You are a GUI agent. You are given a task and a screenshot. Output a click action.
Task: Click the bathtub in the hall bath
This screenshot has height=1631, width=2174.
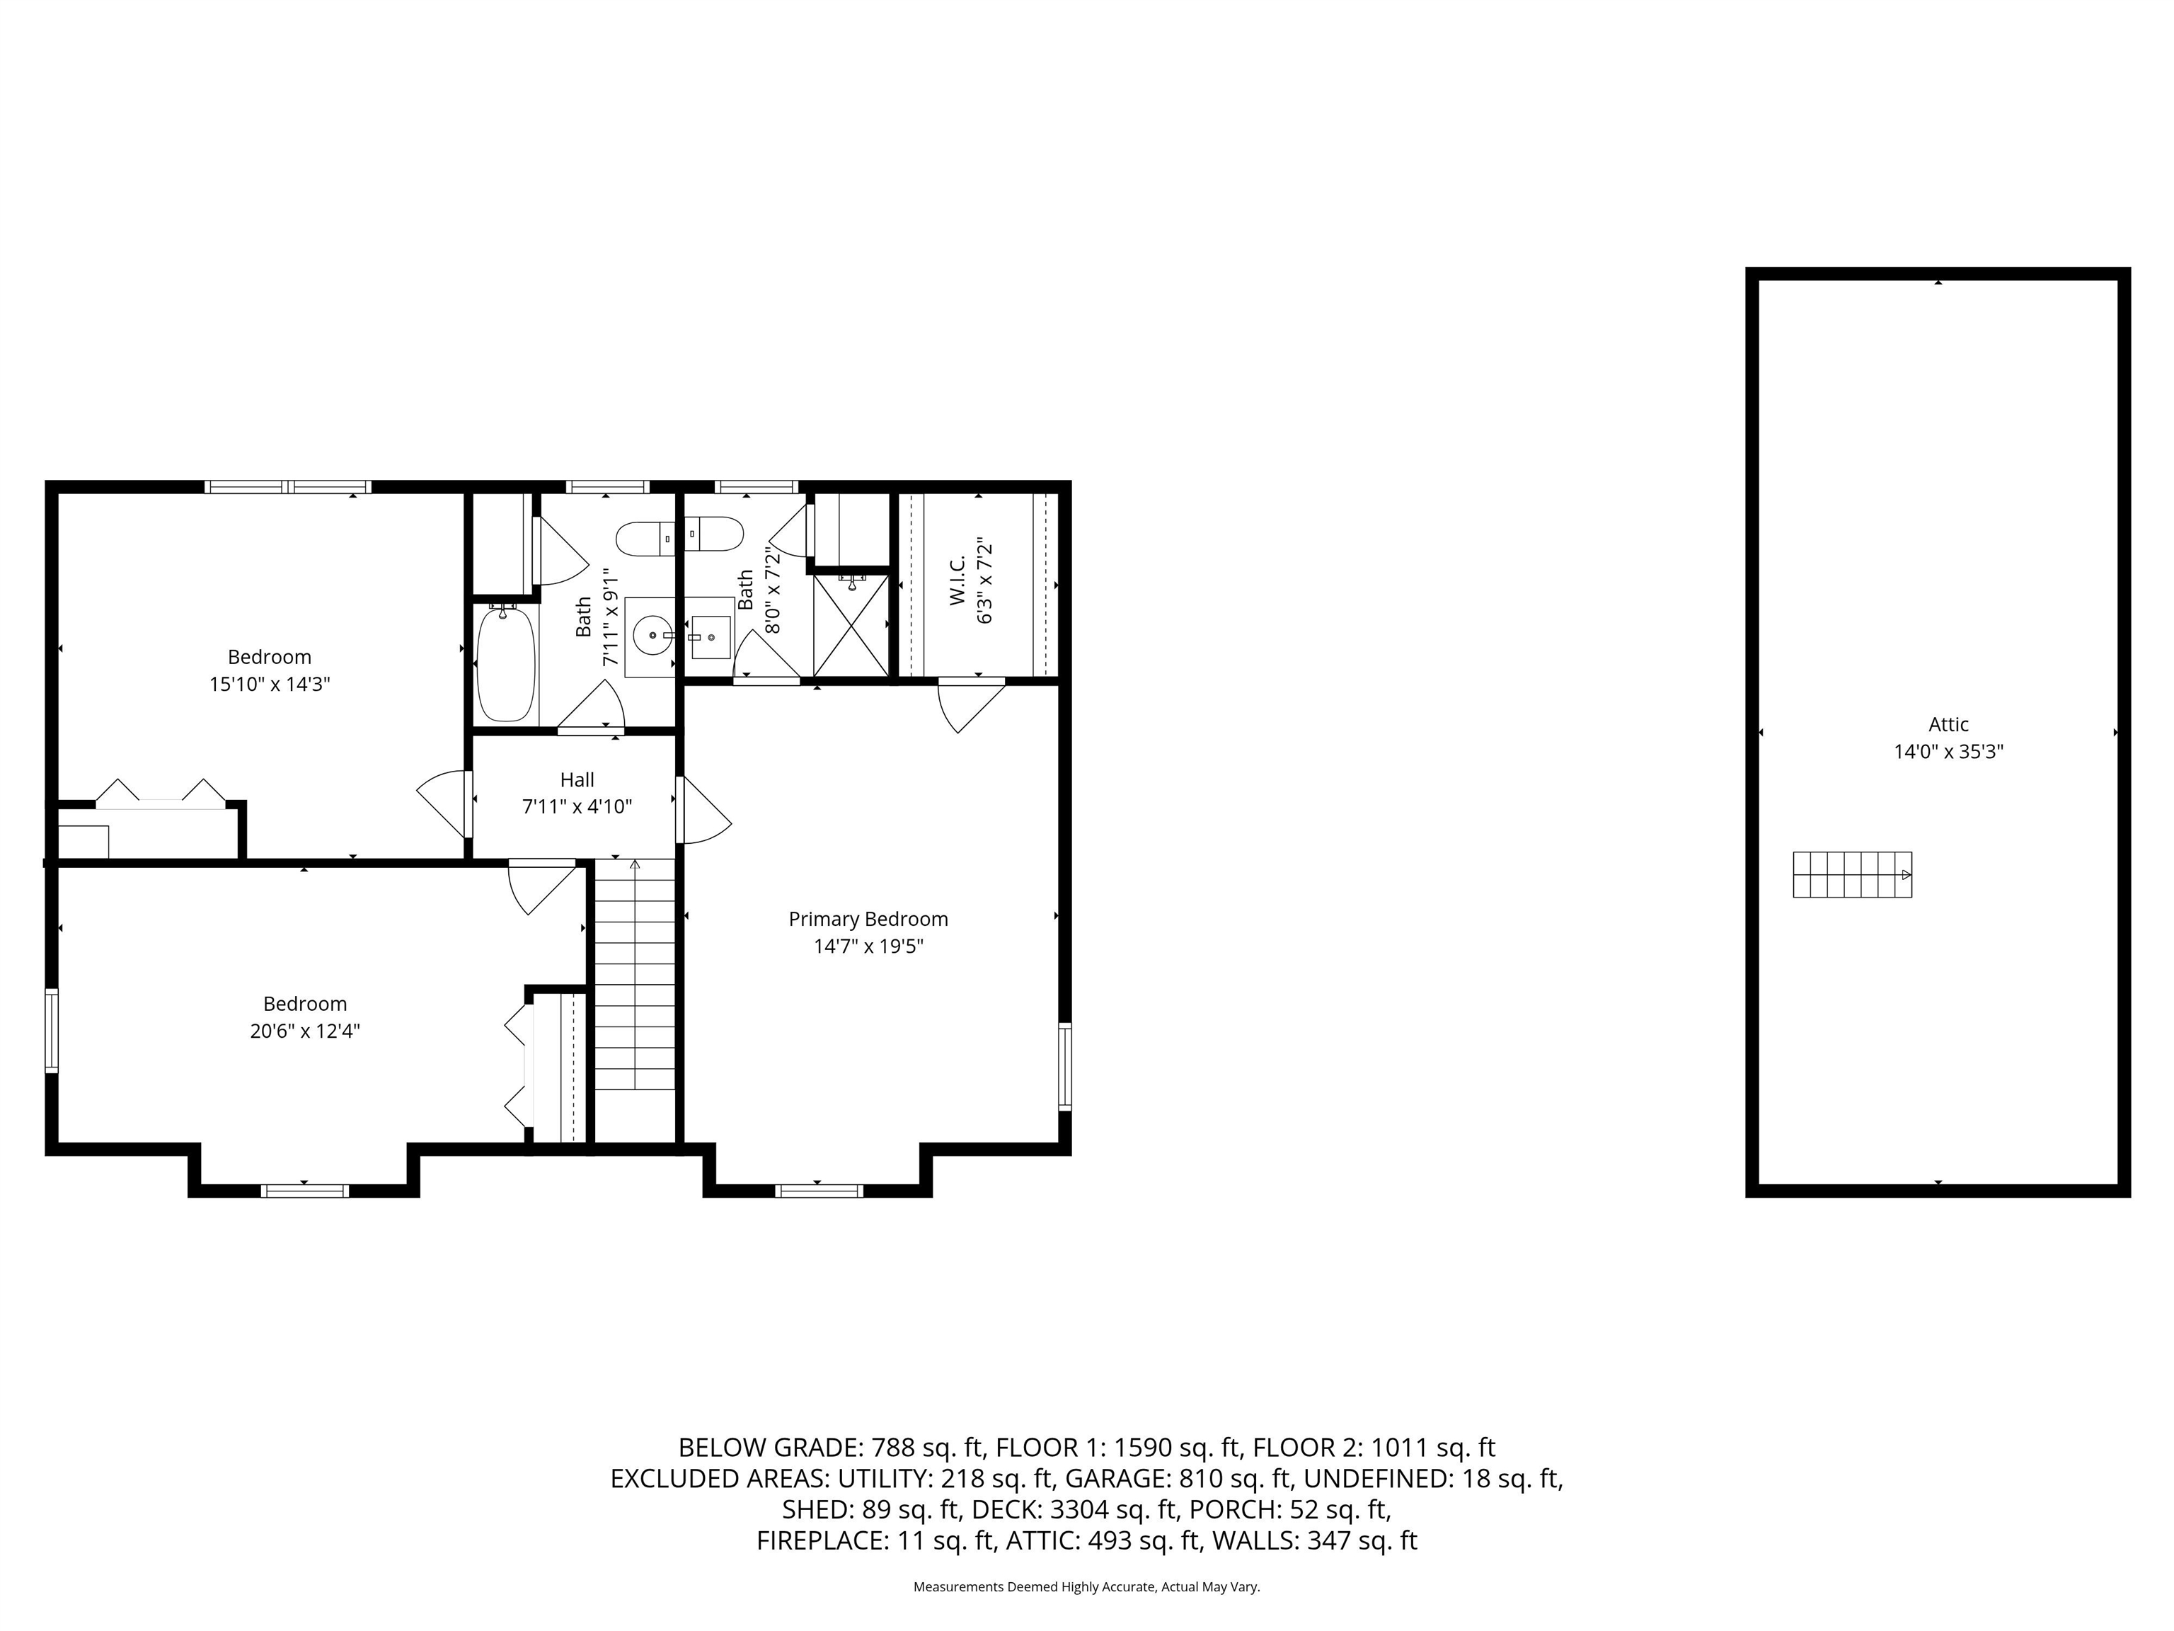click(506, 663)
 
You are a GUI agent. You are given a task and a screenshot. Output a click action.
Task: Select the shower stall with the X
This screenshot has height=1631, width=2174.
click(851, 625)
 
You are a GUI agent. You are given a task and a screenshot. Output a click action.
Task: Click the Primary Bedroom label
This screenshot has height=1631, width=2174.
click(868, 920)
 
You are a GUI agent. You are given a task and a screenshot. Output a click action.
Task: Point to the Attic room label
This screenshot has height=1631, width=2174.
click(1948, 725)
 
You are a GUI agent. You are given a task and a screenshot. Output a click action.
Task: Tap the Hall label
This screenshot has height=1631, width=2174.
click(577, 779)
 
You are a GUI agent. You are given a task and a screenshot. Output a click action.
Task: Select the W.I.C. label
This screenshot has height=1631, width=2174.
click(958, 579)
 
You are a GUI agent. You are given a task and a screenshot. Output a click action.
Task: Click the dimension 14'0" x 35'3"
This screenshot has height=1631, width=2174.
click(1948, 752)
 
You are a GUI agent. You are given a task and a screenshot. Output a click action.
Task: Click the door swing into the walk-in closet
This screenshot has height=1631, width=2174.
click(971, 706)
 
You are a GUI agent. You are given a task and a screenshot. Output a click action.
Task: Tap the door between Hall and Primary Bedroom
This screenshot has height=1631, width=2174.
click(703, 810)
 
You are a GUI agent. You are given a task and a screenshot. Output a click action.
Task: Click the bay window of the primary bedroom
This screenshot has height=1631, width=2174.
click(819, 1191)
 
